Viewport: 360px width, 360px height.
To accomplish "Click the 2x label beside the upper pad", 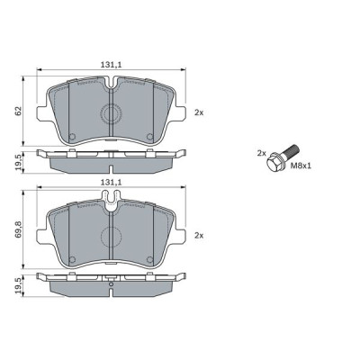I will [199, 112].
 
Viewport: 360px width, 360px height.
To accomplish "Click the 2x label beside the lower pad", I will [199, 236].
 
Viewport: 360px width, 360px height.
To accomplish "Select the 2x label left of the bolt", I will [262, 153].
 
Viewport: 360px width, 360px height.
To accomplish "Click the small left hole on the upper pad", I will [72, 137].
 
